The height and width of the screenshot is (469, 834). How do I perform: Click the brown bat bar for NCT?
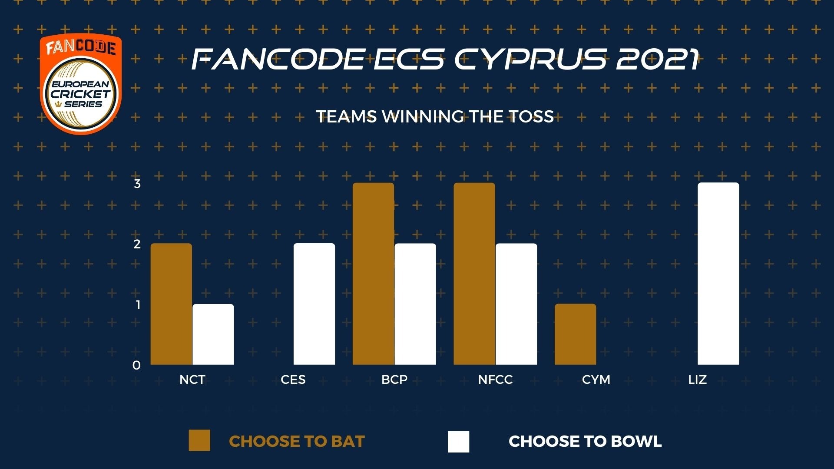click(171, 304)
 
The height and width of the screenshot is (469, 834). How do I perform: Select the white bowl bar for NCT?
click(213, 334)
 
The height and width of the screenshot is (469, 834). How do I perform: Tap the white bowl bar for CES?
click(314, 304)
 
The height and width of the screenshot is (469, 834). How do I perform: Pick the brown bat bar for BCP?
click(374, 274)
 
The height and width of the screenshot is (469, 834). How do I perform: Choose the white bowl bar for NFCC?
click(516, 304)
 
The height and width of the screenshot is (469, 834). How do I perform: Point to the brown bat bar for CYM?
click(576, 334)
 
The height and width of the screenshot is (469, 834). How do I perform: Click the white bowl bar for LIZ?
click(718, 274)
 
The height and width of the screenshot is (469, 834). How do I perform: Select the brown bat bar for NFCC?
click(474, 274)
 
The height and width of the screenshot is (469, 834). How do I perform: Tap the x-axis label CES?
click(293, 380)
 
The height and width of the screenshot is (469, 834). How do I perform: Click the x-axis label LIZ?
click(698, 380)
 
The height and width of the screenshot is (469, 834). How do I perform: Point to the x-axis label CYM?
click(596, 380)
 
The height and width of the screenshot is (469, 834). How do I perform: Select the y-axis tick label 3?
click(137, 184)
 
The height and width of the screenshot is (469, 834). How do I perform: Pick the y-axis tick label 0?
click(137, 365)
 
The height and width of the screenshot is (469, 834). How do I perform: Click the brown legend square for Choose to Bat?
click(199, 441)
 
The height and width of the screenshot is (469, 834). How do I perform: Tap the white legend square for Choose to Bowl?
click(459, 442)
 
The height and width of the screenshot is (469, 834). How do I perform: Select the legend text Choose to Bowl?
click(585, 441)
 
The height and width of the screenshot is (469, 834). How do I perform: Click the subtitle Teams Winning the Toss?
click(435, 116)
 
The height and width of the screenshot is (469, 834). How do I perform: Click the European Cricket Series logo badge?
click(81, 84)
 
